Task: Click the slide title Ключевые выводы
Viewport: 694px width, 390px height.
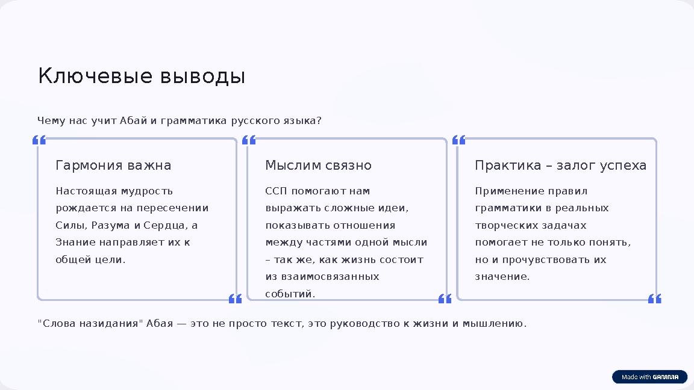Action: (142, 76)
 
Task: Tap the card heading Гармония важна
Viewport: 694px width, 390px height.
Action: (113, 166)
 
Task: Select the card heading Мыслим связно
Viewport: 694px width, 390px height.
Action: (318, 166)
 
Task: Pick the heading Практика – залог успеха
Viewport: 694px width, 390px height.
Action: (560, 166)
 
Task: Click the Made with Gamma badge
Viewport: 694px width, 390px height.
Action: (649, 377)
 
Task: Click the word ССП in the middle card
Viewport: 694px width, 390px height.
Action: (277, 191)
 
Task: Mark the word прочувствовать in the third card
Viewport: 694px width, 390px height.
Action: (541, 260)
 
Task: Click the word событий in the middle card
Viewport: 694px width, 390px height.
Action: (290, 294)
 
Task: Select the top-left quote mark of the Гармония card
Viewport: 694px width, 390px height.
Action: (39, 140)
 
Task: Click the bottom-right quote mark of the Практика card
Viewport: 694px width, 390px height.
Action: (654, 299)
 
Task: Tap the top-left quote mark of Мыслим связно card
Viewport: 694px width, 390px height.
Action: (249, 140)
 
